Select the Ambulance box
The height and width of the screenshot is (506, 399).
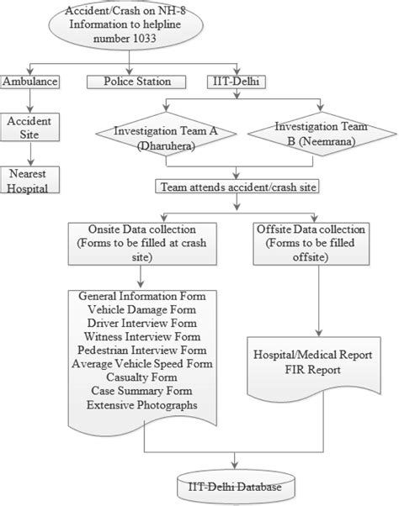29,82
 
